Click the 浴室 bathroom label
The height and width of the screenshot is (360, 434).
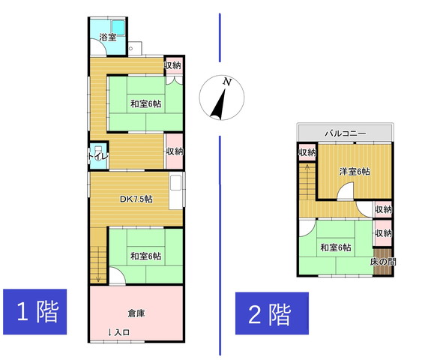[x=108, y=37]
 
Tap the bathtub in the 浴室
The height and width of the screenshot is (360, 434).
[x=118, y=28]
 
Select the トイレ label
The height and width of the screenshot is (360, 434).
[x=98, y=156]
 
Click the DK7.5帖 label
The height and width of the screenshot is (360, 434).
[x=136, y=199]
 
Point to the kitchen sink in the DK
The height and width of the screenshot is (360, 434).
[x=175, y=183]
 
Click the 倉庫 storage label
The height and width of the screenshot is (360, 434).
[x=136, y=313]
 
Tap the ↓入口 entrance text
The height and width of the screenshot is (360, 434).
[x=118, y=332]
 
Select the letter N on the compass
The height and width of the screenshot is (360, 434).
[x=227, y=82]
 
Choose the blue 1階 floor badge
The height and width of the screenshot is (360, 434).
[x=35, y=311]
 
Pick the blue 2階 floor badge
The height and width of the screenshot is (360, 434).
[x=272, y=313]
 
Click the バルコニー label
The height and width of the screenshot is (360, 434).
[x=346, y=133]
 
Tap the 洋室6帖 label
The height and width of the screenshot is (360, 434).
[x=355, y=172]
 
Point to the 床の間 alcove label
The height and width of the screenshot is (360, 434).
[x=383, y=262]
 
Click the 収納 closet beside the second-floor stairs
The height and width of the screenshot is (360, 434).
[x=307, y=152]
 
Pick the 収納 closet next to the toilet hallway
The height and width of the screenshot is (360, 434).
[x=174, y=151]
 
